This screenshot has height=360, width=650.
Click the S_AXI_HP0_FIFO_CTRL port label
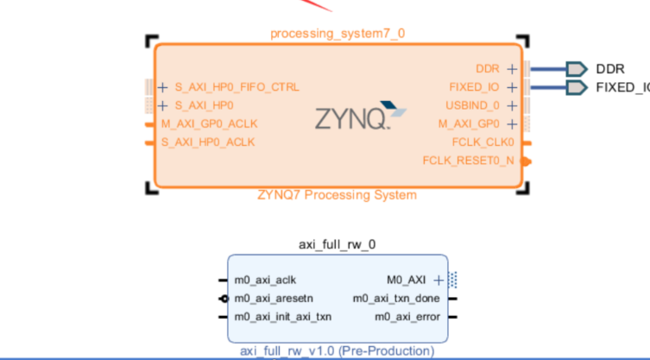pos(237,87)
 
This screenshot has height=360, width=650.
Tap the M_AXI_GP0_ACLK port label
pos(209,123)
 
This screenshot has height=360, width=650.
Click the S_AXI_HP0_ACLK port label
pos(207,142)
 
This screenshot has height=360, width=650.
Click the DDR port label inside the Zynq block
pos(487,68)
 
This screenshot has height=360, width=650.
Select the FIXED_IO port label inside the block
pos(474,87)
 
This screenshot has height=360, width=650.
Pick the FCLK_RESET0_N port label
pos(467,160)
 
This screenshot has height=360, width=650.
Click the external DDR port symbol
pos(576,68)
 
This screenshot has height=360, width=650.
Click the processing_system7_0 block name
pos(338,34)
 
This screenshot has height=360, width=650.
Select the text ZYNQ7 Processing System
pos(337,195)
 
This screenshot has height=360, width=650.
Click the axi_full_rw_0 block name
pos(338,243)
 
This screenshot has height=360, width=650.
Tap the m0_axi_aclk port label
pos(266,280)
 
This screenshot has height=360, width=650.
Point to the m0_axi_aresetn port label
pos(274,299)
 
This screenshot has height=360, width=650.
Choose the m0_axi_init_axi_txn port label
pos(282,317)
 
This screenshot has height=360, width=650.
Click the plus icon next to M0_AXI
pos(439,280)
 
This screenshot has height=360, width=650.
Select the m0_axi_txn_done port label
pos(396,299)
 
